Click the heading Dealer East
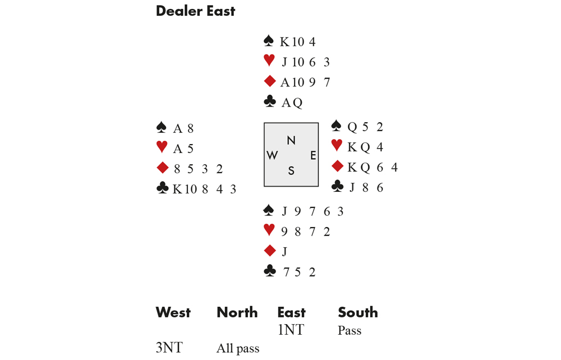(195, 11)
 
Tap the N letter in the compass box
(291, 140)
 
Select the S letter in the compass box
(291, 171)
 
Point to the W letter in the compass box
(272, 155)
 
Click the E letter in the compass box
(313, 155)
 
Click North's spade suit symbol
(269, 41)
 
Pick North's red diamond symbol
(269, 82)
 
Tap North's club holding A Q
(292, 103)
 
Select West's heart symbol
(162, 148)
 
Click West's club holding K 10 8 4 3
(204, 190)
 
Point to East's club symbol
(337, 187)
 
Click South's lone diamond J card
(284, 251)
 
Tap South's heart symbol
(269, 230)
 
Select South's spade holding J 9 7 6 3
(312, 211)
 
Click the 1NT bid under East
(291, 330)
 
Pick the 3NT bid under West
(169, 348)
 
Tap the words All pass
(238, 349)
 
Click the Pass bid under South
(350, 331)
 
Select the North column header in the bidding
(237, 312)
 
